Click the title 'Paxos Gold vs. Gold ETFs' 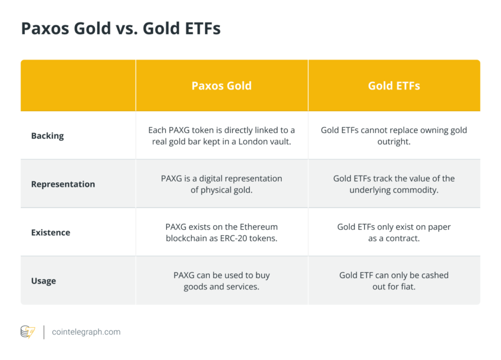121,28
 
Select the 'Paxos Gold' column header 222,85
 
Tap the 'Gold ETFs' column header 394,85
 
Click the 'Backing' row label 48,136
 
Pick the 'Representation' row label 63,184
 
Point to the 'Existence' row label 51,232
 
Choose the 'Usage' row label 44,281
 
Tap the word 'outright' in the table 394,141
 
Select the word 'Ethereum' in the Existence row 259,227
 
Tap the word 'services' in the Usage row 243,286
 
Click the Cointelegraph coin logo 28,332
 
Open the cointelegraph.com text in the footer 86,332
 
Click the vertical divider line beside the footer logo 44,332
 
